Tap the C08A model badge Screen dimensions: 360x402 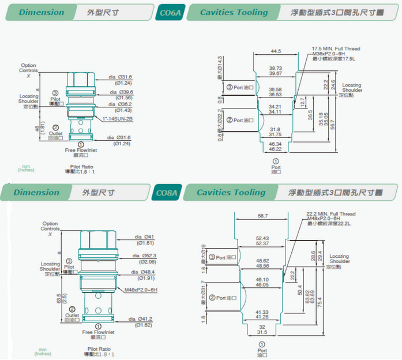coord(168,193)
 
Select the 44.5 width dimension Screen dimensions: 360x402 coord(276,51)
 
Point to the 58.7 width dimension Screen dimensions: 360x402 coord(262,215)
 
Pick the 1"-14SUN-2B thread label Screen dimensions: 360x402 coord(118,119)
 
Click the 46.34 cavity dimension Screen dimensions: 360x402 coord(275,144)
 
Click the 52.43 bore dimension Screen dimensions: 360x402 coord(262,238)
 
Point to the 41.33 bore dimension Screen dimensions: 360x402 coord(262,312)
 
